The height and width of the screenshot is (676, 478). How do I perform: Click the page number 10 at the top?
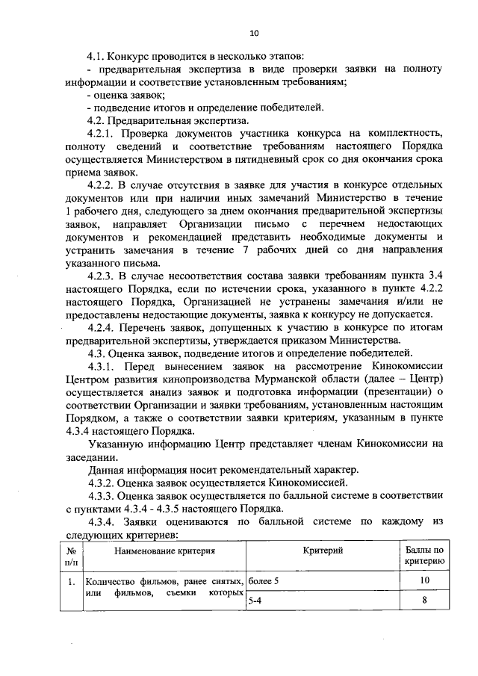[253, 32]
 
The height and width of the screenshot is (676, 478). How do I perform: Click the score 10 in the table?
[424, 580]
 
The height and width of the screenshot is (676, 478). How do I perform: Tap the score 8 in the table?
[424, 599]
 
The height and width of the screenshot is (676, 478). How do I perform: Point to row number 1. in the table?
[69, 580]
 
